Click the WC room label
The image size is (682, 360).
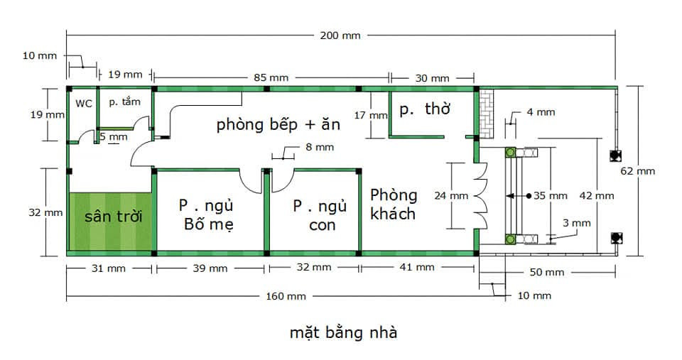click(x=84, y=104)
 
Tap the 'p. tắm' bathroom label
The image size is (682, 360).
click(x=125, y=102)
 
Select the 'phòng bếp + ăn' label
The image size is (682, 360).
click(x=278, y=125)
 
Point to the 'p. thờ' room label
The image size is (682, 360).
click(x=425, y=109)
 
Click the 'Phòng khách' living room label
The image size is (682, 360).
click(x=393, y=204)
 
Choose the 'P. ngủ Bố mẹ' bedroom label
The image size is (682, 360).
click(x=207, y=214)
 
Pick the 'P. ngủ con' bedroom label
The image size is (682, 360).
click(x=320, y=214)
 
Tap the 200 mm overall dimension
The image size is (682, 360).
click(x=340, y=36)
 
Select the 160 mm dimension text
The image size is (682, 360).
click(x=286, y=297)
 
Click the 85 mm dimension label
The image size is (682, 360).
click(x=271, y=78)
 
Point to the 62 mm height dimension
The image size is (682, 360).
click(x=638, y=171)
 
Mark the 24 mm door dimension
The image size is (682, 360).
click(x=451, y=196)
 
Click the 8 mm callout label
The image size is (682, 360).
click(x=320, y=148)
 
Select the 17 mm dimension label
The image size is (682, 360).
click(x=371, y=116)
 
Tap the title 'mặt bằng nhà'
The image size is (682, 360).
click(x=344, y=332)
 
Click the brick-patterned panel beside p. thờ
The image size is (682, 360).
click(x=487, y=114)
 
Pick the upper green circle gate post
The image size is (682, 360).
click(x=510, y=152)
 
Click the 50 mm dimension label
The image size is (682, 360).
click(x=547, y=273)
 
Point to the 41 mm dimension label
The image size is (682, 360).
click(x=417, y=267)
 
